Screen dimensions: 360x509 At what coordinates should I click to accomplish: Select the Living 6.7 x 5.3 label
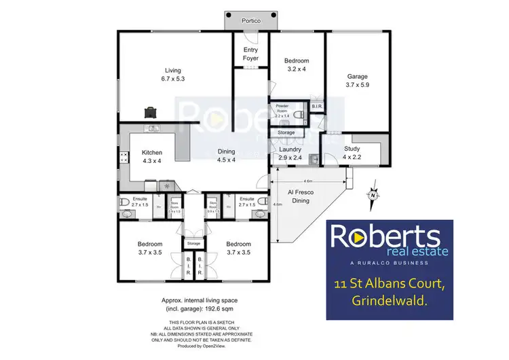pyautogui.click(x=173, y=75)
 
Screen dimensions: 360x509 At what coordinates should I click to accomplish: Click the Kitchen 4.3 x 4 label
pyautogui.click(x=151, y=157)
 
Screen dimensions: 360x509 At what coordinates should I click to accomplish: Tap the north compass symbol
pyautogui.click(x=372, y=196)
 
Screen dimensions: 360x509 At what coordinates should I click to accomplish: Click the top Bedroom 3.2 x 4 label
pyautogui.click(x=297, y=65)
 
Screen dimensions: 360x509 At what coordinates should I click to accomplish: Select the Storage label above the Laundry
pyautogui.click(x=286, y=132)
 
